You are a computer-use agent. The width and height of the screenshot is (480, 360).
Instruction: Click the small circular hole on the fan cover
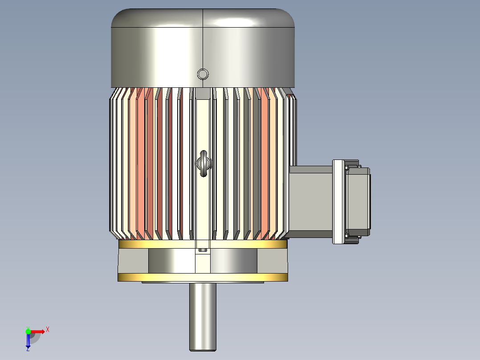pos(203,74)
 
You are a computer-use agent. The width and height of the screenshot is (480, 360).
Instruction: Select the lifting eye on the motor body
pos(203,163)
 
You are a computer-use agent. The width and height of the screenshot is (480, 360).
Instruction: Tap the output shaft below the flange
pos(203,316)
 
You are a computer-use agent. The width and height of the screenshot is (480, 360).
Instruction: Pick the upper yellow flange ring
pos(203,244)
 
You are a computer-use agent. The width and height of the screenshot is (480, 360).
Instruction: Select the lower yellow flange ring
pos(203,277)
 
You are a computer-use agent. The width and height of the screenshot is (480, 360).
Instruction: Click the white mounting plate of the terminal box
pos(339,202)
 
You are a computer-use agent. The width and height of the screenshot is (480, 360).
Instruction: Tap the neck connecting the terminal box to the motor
pos(310,202)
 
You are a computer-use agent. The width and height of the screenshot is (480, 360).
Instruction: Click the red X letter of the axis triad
pos(48,330)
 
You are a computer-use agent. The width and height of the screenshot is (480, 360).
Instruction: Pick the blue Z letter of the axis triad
pos(28,349)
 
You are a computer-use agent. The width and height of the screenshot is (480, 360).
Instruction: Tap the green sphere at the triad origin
pos(28,331)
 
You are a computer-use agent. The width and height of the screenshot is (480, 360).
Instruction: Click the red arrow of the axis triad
pos(38,331)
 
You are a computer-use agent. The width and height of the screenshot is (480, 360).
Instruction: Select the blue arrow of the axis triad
pos(28,341)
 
